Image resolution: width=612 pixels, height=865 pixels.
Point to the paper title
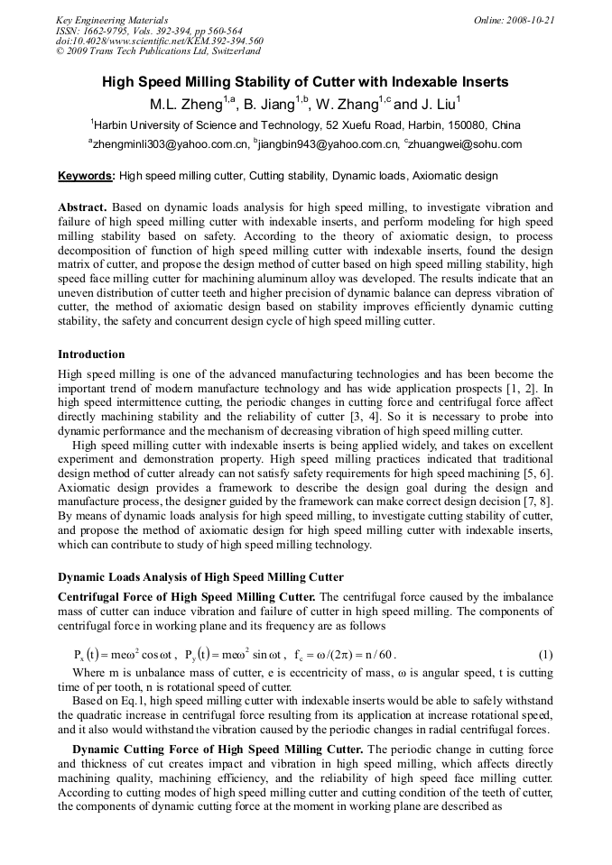(x=305, y=82)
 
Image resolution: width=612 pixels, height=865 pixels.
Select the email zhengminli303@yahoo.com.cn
(x=168, y=144)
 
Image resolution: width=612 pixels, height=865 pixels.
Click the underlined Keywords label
(x=87, y=176)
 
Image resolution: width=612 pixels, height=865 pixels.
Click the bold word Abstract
(x=82, y=207)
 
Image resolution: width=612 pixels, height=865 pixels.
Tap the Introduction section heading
(x=91, y=354)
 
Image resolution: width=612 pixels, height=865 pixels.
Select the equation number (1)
(x=545, y=654)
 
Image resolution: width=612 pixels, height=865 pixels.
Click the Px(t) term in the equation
(x=90, y=654)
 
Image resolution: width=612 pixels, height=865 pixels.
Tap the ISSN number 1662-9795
(x=107, y=31)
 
